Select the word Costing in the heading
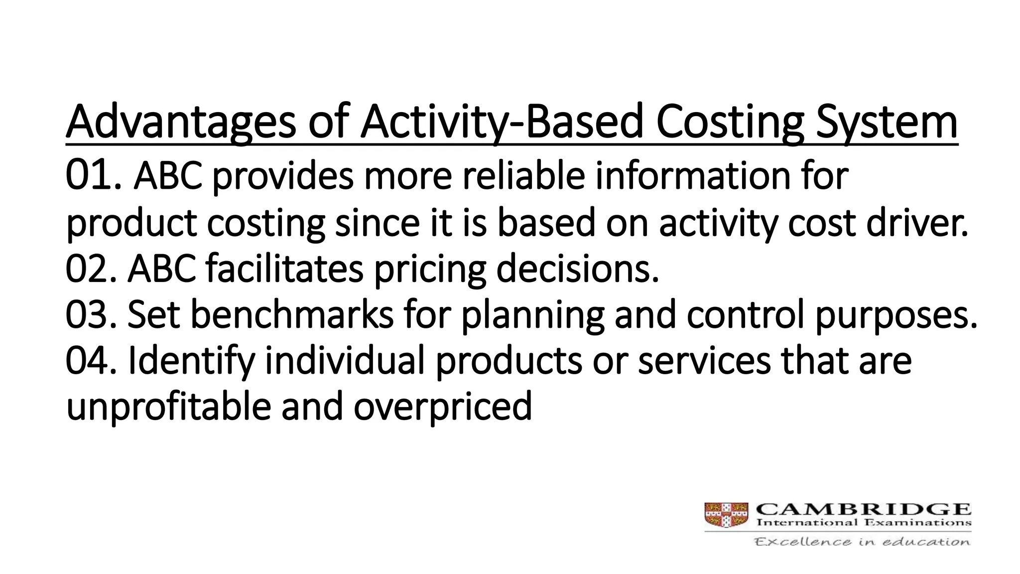730,122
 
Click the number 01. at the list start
93,176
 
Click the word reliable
523,176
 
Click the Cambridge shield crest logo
726,515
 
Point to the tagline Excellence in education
862,542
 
